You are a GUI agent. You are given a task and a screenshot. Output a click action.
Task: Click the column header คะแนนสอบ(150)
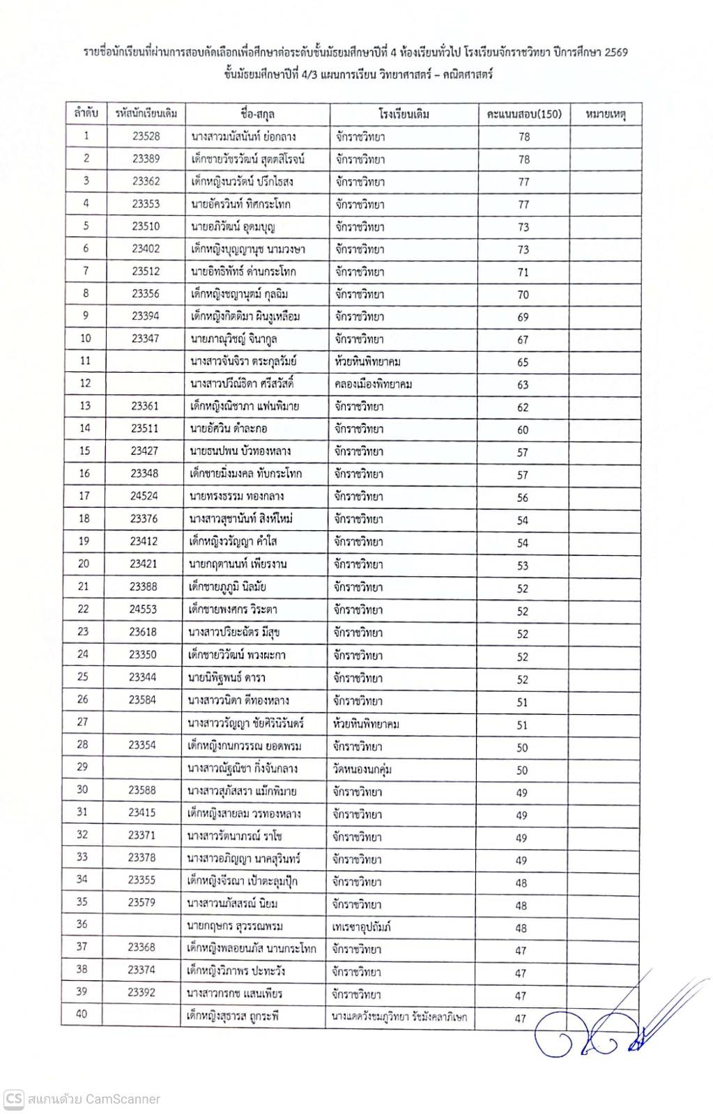point(523,114)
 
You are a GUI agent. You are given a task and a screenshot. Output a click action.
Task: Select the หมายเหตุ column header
point(605,114)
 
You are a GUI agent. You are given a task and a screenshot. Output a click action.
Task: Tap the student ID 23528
point(146,137)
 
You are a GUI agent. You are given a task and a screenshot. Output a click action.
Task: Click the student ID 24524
point(144,496)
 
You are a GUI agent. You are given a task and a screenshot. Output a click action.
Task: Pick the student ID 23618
point(143,632)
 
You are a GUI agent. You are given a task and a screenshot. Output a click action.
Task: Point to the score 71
point(523,272)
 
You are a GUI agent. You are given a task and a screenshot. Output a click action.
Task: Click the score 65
point(523,362)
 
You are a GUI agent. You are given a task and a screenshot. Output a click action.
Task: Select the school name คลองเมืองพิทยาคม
point(373,385)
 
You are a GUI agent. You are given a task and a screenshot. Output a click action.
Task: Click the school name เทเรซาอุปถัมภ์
point(362,927)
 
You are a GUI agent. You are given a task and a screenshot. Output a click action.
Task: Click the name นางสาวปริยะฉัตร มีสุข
point(234,632)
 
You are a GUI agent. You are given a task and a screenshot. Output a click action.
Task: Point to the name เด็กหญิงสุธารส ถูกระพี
point(233,1016)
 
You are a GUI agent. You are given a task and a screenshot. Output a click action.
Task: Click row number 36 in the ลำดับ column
point(82,925)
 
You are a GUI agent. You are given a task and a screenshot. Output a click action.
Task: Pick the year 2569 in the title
point(615,52)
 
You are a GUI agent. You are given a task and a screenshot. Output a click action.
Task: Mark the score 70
point(523,295)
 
